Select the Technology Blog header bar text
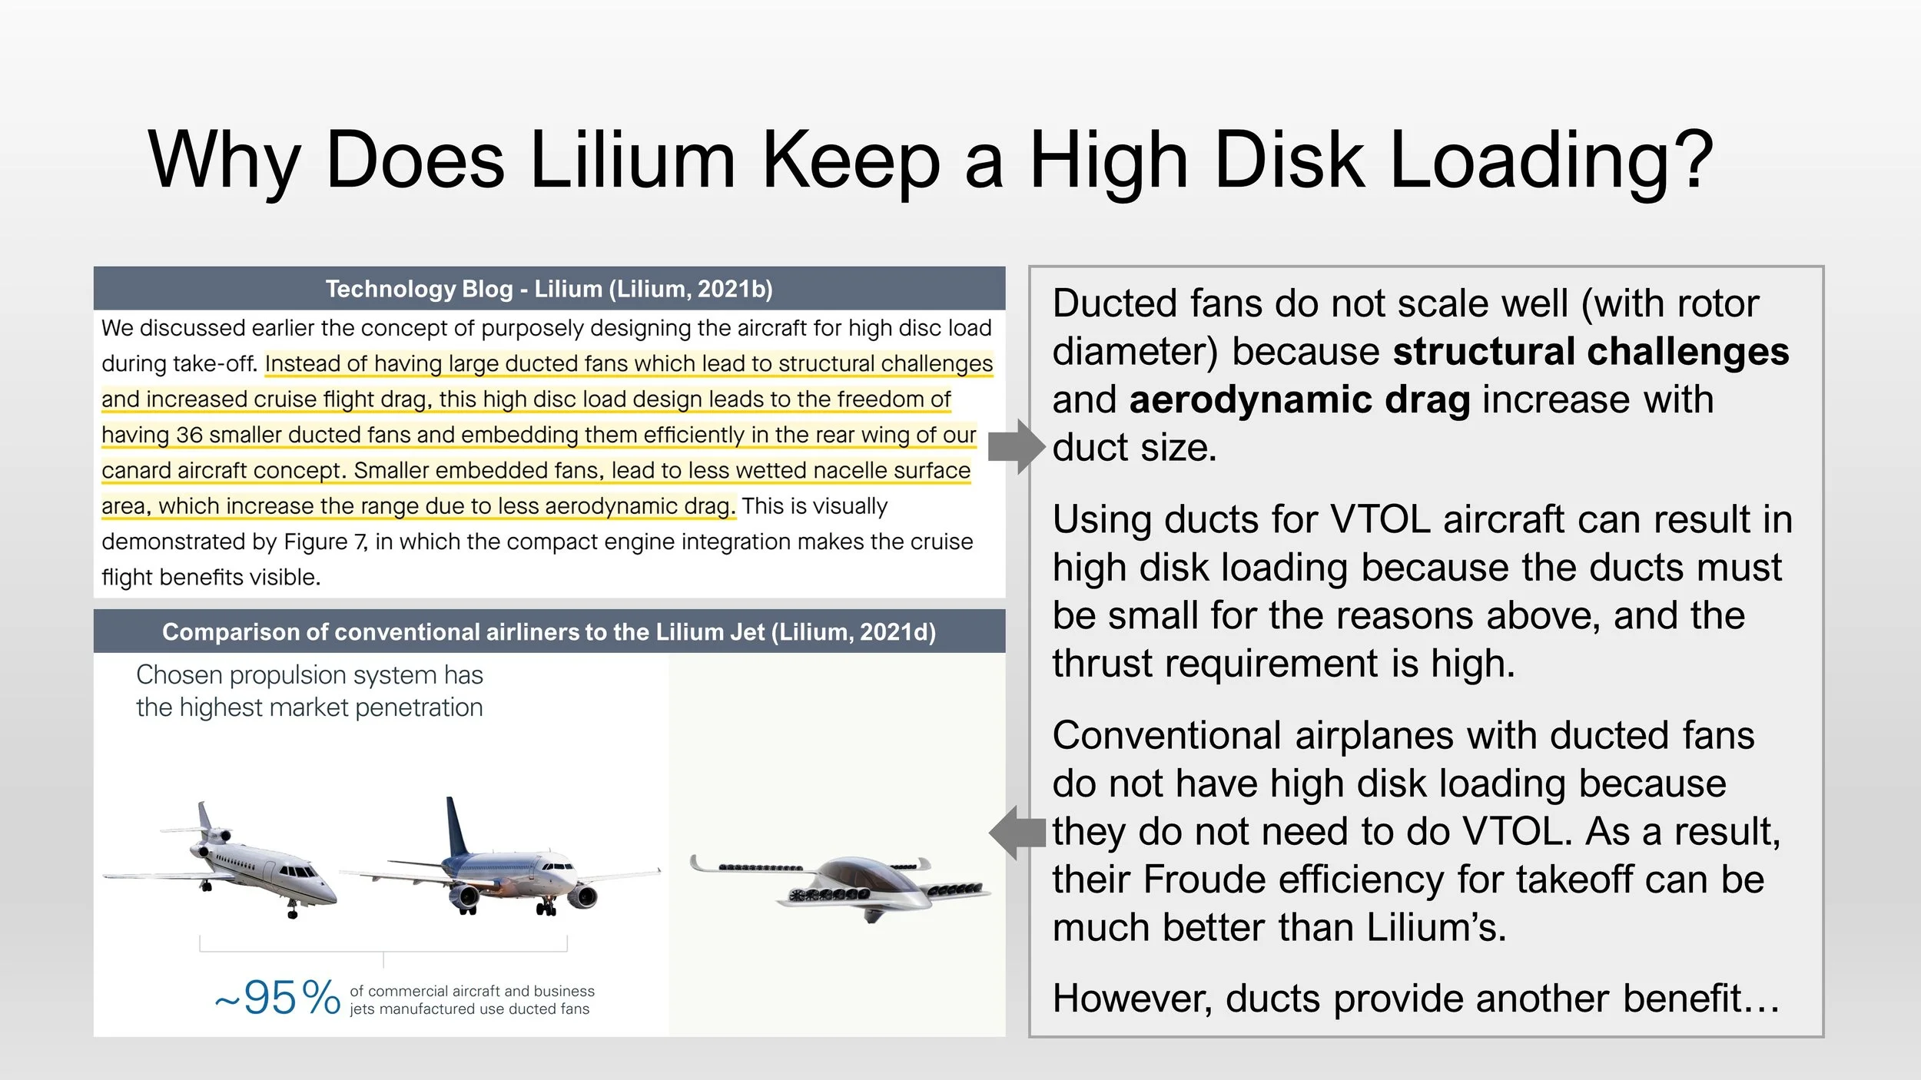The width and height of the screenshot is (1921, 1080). coord(549,289)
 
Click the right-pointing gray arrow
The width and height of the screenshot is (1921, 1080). coord(1016,446)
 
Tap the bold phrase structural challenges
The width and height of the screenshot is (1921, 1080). coord(1591,352)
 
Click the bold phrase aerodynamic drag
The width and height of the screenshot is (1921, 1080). coord(1299,400)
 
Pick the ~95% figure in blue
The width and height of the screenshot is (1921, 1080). coord(277,998)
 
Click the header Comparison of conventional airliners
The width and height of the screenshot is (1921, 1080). coord(549,631)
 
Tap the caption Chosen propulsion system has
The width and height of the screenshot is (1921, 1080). coord(309,675)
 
